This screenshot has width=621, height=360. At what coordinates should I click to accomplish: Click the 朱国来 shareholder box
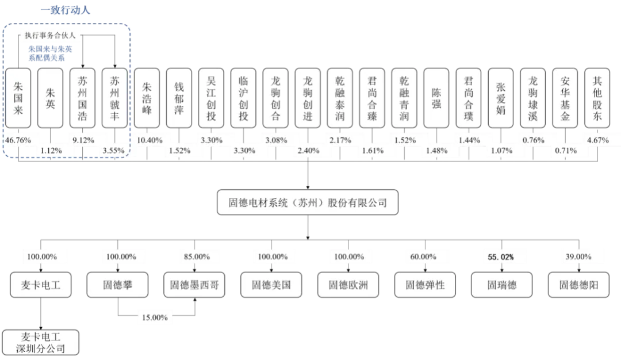tap(18, 98)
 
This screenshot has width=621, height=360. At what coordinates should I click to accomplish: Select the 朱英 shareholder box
tap(51, 98)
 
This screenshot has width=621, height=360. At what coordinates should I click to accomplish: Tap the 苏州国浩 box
tap(83, 98)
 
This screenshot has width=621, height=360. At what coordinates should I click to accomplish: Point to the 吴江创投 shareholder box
tap(211, 98)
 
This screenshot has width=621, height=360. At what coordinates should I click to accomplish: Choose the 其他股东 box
tap(597, 98)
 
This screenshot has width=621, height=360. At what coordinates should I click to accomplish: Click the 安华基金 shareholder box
tap(565, 98)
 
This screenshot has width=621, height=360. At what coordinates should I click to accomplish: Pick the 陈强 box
tap(436, 98)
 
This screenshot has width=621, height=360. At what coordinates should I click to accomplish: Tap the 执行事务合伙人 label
tap(51, 36)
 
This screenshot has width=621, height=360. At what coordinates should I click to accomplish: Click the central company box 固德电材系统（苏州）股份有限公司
tap(308, 203)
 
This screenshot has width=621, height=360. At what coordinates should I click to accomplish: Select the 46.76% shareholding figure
tap(20, 140)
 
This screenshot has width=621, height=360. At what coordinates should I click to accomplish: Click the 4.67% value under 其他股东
tap(597, 140)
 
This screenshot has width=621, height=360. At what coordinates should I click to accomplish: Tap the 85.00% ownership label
tap(194, 256)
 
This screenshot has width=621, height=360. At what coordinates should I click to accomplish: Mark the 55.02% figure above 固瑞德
tap(500, 256)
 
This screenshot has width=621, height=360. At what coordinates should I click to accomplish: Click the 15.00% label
tap(154, 317)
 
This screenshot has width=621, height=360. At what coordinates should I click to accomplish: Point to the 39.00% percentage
tap(578, 256)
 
